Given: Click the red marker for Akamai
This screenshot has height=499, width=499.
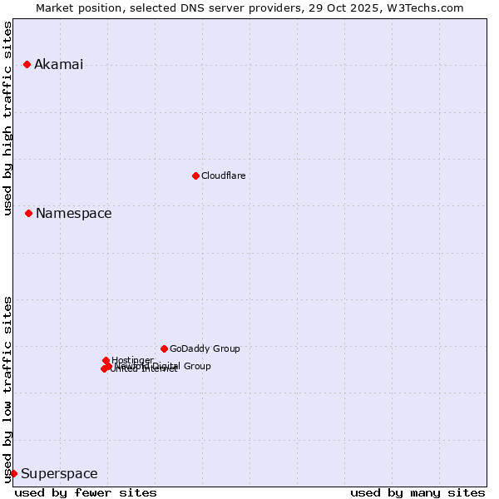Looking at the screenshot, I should click(27, 65).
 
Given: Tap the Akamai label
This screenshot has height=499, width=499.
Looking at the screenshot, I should click(58, 65).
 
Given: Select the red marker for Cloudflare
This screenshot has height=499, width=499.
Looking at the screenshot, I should click(195, 175).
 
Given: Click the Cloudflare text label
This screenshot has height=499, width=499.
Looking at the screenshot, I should click(223, 175).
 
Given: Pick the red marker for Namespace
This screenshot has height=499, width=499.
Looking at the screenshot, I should click(28, 214).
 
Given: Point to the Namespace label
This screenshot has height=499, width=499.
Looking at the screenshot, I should click(73, 214).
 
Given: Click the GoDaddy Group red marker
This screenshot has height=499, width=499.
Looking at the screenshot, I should click(164, 348).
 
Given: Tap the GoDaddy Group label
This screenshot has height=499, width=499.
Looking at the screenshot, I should click(205, 348).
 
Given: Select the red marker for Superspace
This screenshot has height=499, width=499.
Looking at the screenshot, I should click(13, 473).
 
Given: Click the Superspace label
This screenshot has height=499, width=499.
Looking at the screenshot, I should click(59, 474).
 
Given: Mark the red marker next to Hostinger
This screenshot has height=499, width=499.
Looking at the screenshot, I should click(106, 360).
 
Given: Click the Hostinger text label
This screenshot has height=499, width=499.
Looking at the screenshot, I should click(132, 359).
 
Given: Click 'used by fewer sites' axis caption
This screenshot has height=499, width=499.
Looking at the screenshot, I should click(86, 492).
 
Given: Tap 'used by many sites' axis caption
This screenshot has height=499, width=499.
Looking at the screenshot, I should click(417, 492).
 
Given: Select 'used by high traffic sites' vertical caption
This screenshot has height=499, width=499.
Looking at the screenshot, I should click(8, 118).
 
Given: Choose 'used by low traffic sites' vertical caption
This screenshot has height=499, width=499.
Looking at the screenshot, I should click(8, 389).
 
